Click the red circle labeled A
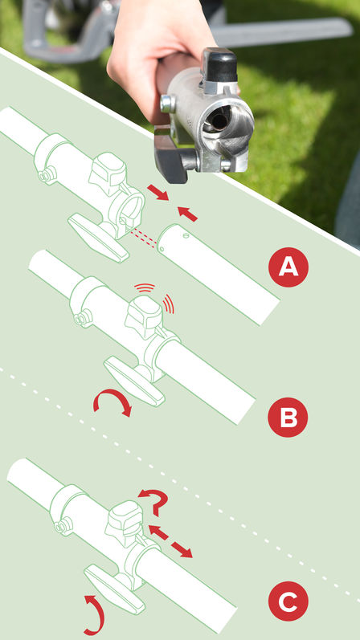[288, 268]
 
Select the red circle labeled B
[288, 418]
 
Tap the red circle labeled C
[288, 601]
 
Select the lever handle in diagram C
[108, 583]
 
